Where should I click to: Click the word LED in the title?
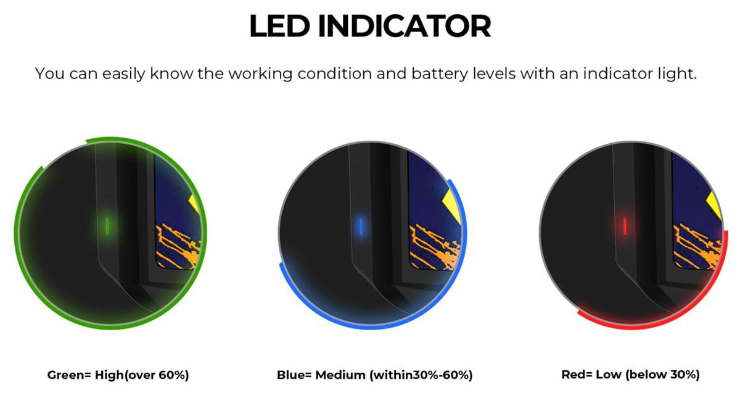click(x=279, y=26)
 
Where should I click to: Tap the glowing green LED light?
click(x=107, y=226)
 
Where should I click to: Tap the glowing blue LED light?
click(x=361, y=226)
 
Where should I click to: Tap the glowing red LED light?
click(x=625, y=226)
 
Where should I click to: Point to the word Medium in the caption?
click(x=340, y=375)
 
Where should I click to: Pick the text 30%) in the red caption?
click(x=685, y=375)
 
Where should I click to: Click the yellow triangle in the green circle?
click(x=195, y=202)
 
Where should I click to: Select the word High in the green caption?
click(x=109, y=375)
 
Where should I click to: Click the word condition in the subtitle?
click(x=335, y=73)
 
